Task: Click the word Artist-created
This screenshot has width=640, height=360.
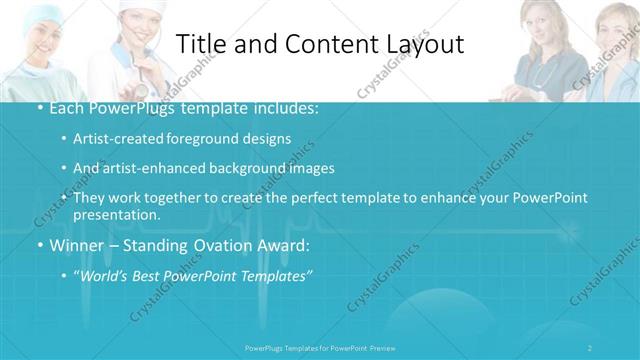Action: [x=116, y=139]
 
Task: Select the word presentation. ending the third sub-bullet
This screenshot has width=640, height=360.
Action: [x=116, y=215]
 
